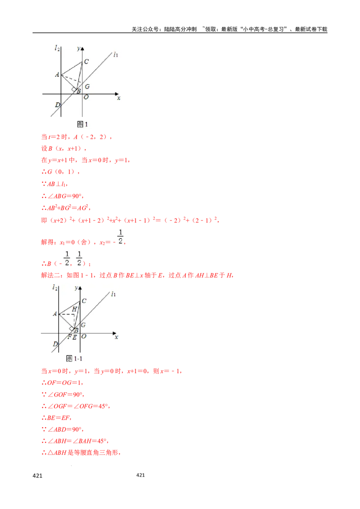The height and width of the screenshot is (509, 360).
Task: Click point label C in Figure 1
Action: click(86, 62)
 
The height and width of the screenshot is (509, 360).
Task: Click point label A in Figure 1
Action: click(57, 75)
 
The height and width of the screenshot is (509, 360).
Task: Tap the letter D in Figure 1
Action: click(57, 105)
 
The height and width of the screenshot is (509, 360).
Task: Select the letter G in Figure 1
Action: click(87, 86)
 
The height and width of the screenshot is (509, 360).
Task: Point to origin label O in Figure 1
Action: click(86, 97)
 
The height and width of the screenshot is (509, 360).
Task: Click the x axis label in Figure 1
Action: click(118, 98)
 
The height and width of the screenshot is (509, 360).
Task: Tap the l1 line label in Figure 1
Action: click(116, 54)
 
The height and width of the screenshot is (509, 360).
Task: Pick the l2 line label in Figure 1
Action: click(57, 48)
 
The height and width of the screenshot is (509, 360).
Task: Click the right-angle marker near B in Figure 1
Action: click(73, 90)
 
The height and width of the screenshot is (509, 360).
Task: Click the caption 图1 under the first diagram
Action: click(82, 124)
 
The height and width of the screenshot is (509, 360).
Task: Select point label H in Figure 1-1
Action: click(75, 309)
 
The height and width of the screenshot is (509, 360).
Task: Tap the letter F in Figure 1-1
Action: click(69, 337)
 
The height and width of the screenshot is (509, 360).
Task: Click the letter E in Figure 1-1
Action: click(75, 337)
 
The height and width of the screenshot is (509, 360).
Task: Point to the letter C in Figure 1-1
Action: click(84, 301)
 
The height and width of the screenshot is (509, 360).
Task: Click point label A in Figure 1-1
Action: click(55, 314)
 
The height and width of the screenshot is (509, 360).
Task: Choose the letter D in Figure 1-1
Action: click(55, 344)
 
